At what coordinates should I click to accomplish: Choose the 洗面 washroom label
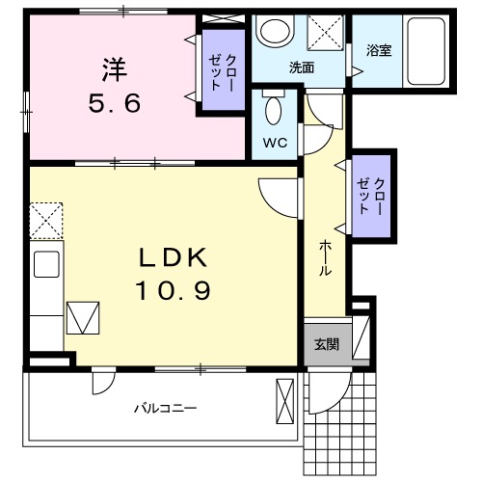point(301,68)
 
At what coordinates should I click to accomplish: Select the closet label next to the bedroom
point(224,73)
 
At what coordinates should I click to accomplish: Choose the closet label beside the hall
point(371,195)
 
